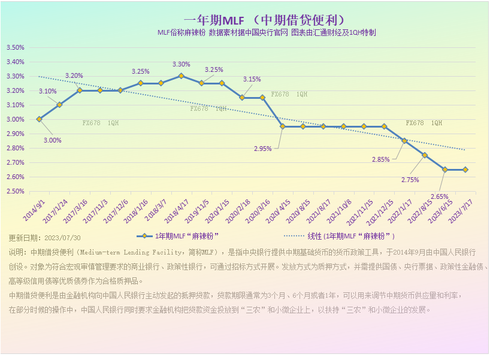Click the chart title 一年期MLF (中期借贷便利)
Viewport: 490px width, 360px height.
264,20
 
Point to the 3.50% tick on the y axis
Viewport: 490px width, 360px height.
16,47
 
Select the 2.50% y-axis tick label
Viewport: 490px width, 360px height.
16,191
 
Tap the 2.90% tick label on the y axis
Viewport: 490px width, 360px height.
16,134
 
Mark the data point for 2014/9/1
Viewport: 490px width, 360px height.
39,119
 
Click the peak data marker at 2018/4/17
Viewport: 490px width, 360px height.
182,76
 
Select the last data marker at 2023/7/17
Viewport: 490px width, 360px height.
465,170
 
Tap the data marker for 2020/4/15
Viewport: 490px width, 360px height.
283,126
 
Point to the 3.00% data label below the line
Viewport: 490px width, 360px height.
52,140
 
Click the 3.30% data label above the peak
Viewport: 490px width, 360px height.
181,65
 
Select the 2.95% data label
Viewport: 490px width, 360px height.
263,149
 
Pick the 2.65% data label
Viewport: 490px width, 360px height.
439,196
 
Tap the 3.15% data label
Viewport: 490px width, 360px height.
252,79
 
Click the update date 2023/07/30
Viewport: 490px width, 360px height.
62,237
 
